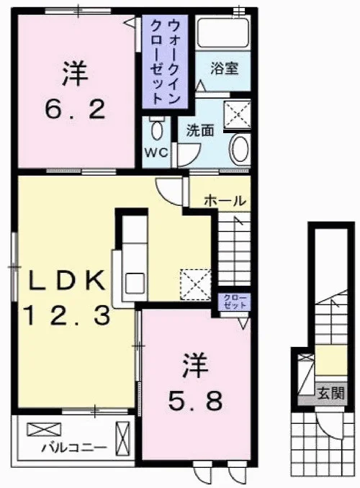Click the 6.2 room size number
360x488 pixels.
pyautogui.click(x=75, y=109)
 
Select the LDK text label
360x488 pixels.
pyautogui.click(x=66, y=280)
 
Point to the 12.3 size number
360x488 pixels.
pyautogui.click(x=67, y=315)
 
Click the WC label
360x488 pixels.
pyautogui.click(x=156, y=153)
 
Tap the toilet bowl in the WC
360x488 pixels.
pyautogui.click(x=157, y=128)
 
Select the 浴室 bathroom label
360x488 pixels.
pyautogui.click(x=224, y=68)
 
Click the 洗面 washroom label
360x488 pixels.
pyautogui.click(x=200, y=131)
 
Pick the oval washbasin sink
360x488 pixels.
pyautogui.click(x=240, y=150)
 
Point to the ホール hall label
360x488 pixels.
pyautogui.click(x=225, y=201)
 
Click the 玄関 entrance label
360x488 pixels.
pyautogui.click(x=330, y=394)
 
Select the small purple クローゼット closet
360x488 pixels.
pyautogui.click(x=234, y=302)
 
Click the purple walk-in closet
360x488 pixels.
pyautogui.click(x=165, y=62)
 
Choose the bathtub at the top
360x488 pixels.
pyautogui.click(x=223, y=32)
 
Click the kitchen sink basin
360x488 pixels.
pyautogui.click(x=135, y=283)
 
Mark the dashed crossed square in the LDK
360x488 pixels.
pyautogui.click(x=195, y=285)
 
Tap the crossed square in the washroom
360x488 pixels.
pyautogui.click(x=238, y=114)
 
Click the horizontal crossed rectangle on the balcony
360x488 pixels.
pyautogui.click(x=44, y=429)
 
